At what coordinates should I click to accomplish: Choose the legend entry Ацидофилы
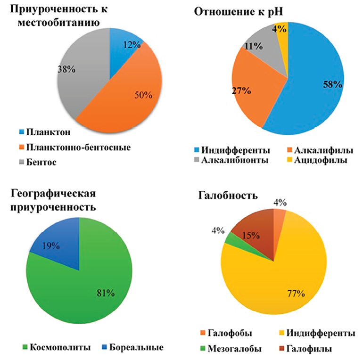(321, 160)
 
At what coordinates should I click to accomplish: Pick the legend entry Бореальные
(135, 348)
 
